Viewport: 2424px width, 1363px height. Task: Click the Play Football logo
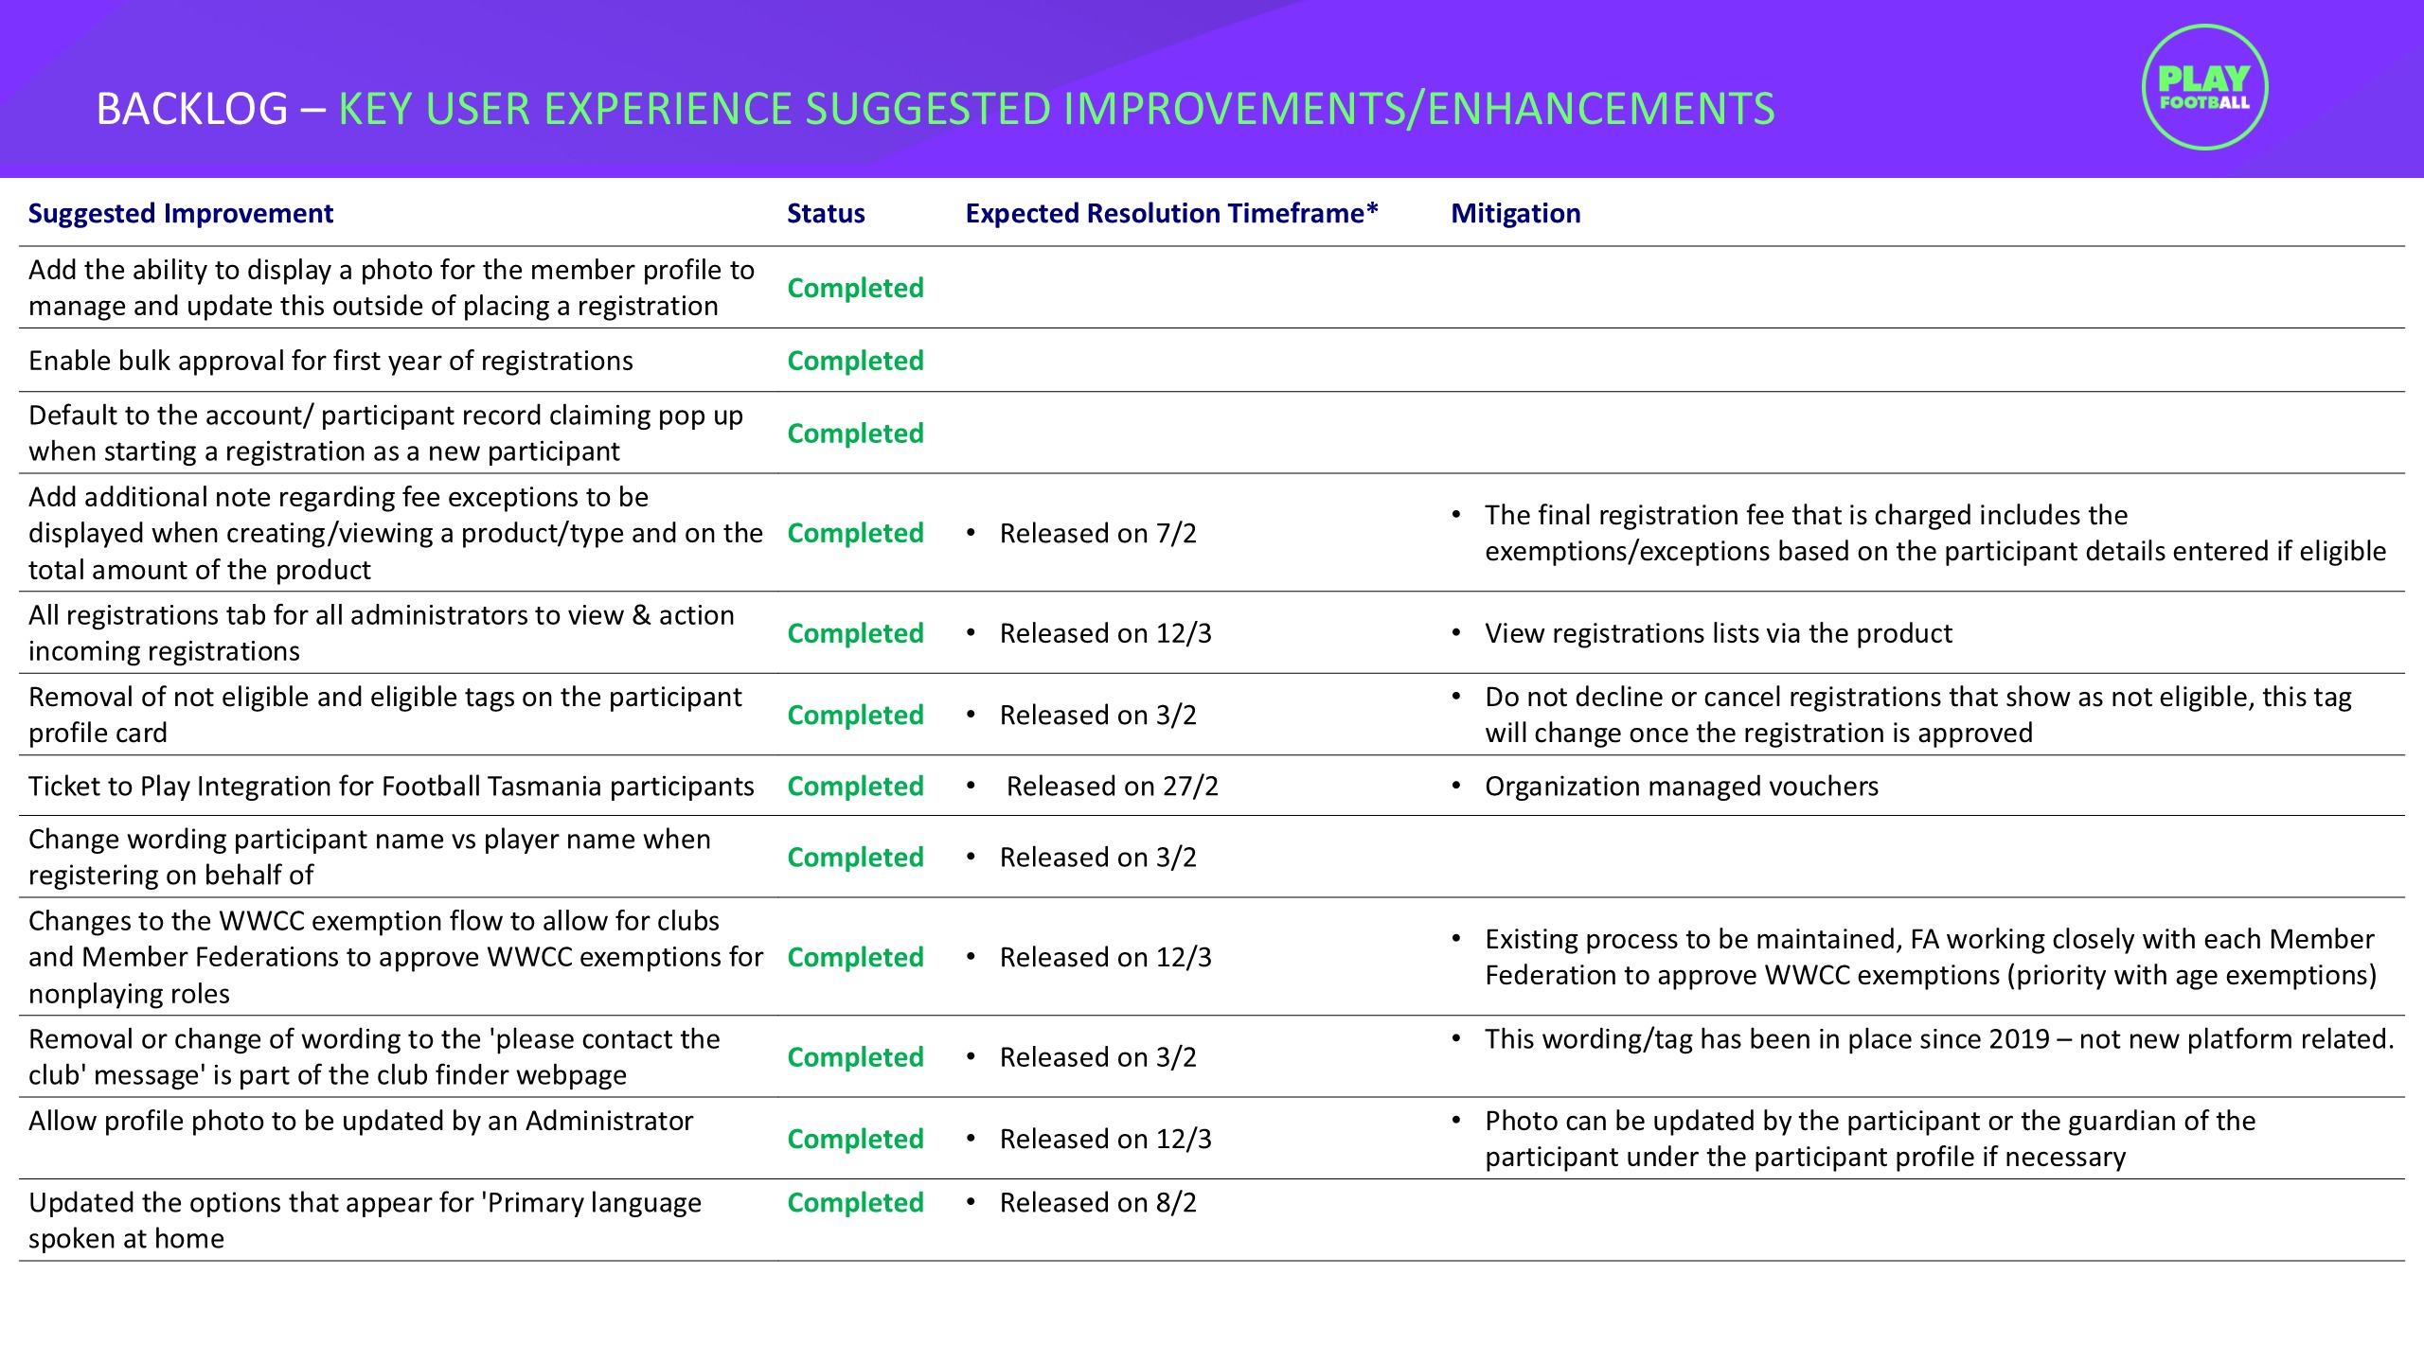[x=2203, y=88]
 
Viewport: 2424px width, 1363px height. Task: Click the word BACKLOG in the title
[x=192, y=109]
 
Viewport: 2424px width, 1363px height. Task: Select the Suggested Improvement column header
[x=181, y=214]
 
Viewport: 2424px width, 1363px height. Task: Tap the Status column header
[x=826, y=214]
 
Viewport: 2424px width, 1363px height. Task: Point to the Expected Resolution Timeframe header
[x=1171, y=214]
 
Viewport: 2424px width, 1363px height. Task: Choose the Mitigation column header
[x=1515, y=214]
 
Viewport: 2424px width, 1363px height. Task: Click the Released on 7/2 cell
[x=1097, y=534]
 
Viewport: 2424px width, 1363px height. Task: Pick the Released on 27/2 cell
[x=1112, y=787]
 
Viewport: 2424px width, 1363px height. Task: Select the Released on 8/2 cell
[x=1097, y=1203]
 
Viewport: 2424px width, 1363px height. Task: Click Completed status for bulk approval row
[x=855, y=361]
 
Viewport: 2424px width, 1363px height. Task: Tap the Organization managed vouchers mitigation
[x=1681, y=787]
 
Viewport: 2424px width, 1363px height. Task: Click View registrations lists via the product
[x=1718, y=633]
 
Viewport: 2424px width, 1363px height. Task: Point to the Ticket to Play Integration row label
[x=391, y=787]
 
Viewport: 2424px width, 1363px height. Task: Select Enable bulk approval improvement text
[x=330, y=361]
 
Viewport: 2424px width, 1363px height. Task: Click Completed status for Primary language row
[x=855, y=1203]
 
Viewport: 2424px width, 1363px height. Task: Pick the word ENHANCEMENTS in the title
[x=1600, y=109]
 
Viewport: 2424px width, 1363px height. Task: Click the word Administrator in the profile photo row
[x=609, y=1122]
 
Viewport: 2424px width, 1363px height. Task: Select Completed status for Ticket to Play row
[x=855, y=787]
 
